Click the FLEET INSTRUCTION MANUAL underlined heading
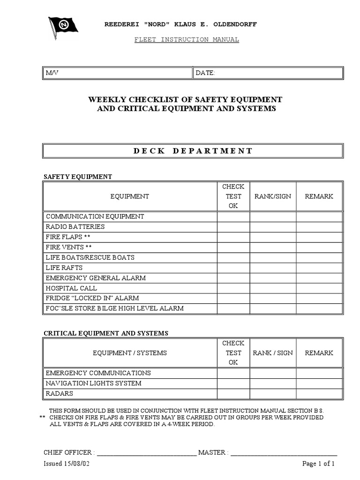pyautogui.click(x=187, y=39)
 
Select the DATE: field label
pyautogui.click(x=205, y=73)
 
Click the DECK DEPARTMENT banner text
pyautogui.click(x=193, y=151)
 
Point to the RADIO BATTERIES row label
pyautogui.click(x=75, y=227)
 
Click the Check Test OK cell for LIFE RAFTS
pyautogui.click(x=233, y=268)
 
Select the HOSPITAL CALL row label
pyautogui.click(x=71, y=288)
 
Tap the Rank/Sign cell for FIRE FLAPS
pyautogui.click(x=272, y=237)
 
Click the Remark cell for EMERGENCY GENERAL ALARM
pyautogui.click(x=319, y=278)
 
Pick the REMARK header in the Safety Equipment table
pyautogui.click(x=319, y=196)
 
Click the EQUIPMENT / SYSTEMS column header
pyautogui.click(x=129, y=353)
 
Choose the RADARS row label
pyautogui.click(x=59, y=394)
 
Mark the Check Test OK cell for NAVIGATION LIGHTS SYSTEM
pyautogui.click(x=233, y=383)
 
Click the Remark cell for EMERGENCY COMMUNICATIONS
pyautogui.click(x=319, y=373)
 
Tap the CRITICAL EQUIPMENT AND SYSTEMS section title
pyautogui.click(x=106, y=333)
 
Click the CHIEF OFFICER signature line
pyautogui.click(x=146, y=453)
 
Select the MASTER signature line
pyautogui.click(x=284, y=453)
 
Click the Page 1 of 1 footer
pyautogui.click(x=318, y=464)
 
